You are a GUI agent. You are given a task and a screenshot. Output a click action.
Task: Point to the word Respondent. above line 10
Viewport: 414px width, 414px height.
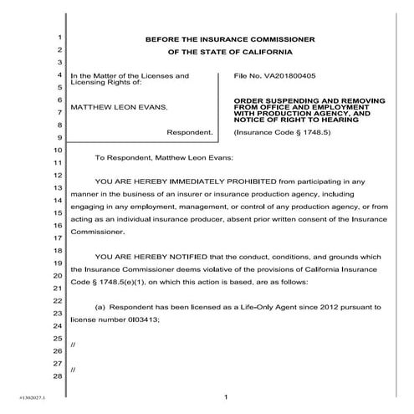point(190,132)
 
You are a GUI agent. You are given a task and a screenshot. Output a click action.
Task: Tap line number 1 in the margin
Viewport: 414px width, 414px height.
point(60,38)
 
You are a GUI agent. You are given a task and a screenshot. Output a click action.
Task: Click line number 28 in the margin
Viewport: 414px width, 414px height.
point(59,376)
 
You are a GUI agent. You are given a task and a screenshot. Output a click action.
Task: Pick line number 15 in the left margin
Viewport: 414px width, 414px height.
point(59,213)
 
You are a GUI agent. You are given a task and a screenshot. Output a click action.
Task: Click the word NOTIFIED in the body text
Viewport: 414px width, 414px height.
point(176,257)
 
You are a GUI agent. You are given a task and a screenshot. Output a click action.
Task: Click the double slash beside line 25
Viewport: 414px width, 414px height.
point(74,345)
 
